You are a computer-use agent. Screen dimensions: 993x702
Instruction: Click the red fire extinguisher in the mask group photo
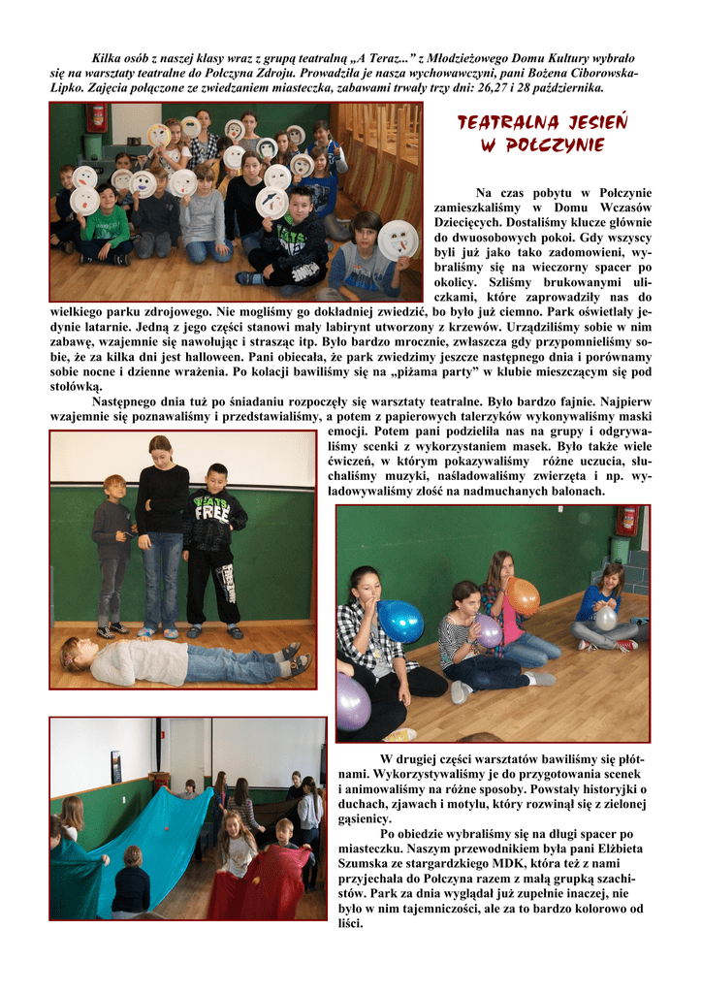(96, 118)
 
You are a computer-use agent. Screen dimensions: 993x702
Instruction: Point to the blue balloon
(399, 621)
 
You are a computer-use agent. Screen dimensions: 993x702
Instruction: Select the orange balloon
(524, 596)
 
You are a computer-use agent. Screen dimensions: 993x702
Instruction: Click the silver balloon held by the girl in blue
(605, 618)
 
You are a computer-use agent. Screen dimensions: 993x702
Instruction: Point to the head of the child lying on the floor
(78, 654)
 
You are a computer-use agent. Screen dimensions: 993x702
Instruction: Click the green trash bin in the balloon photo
(621, 549)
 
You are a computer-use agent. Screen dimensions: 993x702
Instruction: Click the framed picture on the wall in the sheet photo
(116, 766)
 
